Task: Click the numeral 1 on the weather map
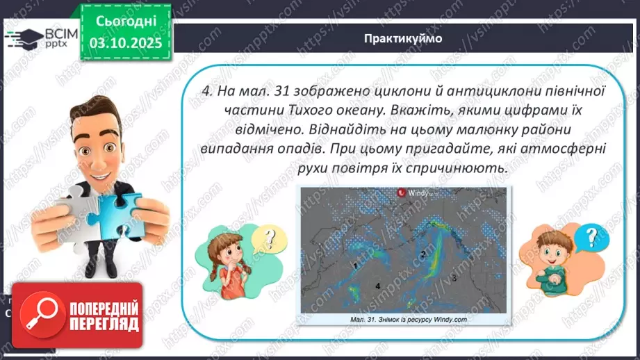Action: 355,265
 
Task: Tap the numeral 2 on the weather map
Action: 422,254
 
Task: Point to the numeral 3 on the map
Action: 454,277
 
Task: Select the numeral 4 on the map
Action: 377,286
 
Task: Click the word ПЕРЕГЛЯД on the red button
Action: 103,324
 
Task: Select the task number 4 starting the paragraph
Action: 206,91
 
